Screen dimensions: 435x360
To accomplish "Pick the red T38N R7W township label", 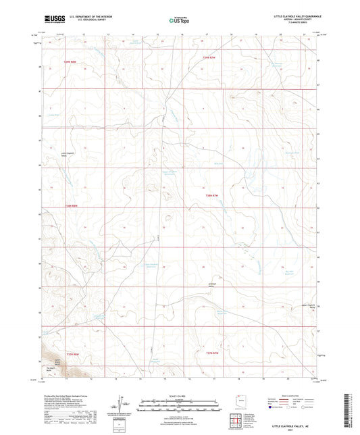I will pyautogui.click(x=212, y=196).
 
